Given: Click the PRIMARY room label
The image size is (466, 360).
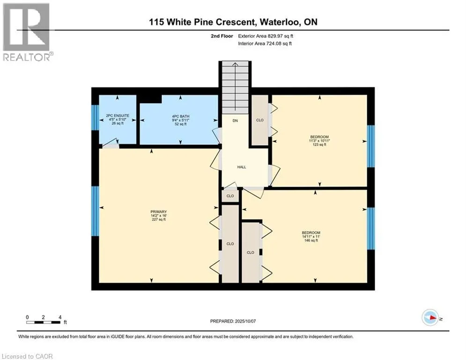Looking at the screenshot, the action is pyautogui.click(x=158, y=212).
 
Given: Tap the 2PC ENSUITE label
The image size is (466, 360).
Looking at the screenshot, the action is pyautogui.click(x=118, y=115).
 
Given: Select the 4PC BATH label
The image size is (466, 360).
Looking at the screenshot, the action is pyautogui.click(x=181, y=116).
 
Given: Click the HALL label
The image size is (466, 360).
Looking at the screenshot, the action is pyautogui.click(x=242, y=167).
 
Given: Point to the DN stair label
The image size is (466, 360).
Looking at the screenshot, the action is pyautogui.click(x=235, y=121).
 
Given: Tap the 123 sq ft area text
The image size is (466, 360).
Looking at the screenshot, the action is pyautogui.click(x=319, y=144).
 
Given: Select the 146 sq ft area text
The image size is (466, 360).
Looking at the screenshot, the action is pyautogui.click(x=311, y=240).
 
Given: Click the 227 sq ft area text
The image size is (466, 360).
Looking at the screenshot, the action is pyautogui.click(x=158, y=219).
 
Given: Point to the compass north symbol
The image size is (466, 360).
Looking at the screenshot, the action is pyautogui.click(x=430, y=318).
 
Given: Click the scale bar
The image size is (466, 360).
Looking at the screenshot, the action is pyautogui.click(x=44, y=322).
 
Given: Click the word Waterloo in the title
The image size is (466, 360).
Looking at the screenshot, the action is pyautogui.click(x=279, y=22).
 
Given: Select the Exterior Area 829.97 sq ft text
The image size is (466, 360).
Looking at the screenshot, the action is pyautogui.click(x=266, y=36).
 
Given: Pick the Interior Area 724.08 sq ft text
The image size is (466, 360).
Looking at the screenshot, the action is pyautogui.click(x=265, y=44).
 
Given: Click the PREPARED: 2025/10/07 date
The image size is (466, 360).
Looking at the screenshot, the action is pyautogui.click(x=233, y=321).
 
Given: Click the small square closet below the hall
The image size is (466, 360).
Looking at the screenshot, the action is pyautogui.click(x=230, y=196).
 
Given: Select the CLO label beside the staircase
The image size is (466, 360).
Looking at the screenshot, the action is pyautogui.click(x=260, y=120).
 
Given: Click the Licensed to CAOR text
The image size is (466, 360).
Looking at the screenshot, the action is pyautogui.click(x=27, y=356).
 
